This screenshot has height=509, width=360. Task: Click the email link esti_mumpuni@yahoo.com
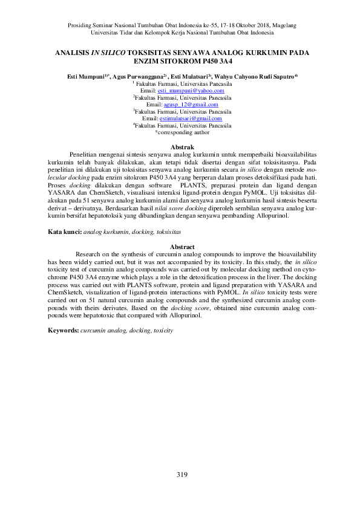click(191, 90)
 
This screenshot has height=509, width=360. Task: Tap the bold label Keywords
click(63, 331)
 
